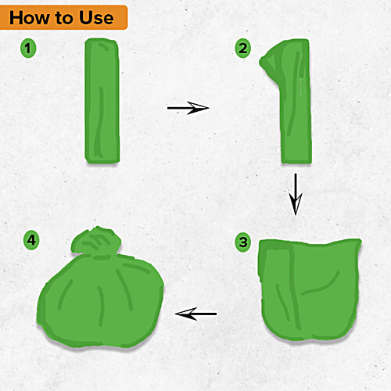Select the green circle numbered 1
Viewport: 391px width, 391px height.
tap(30, 48)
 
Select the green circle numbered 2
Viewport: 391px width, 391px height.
tap(243, 48)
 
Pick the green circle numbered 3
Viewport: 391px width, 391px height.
tap(243, 242)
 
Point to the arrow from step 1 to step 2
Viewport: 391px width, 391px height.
tap(188, 107)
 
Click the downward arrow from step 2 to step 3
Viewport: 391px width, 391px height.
tap(296, 193)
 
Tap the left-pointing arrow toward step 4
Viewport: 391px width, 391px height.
tap(195, 314)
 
